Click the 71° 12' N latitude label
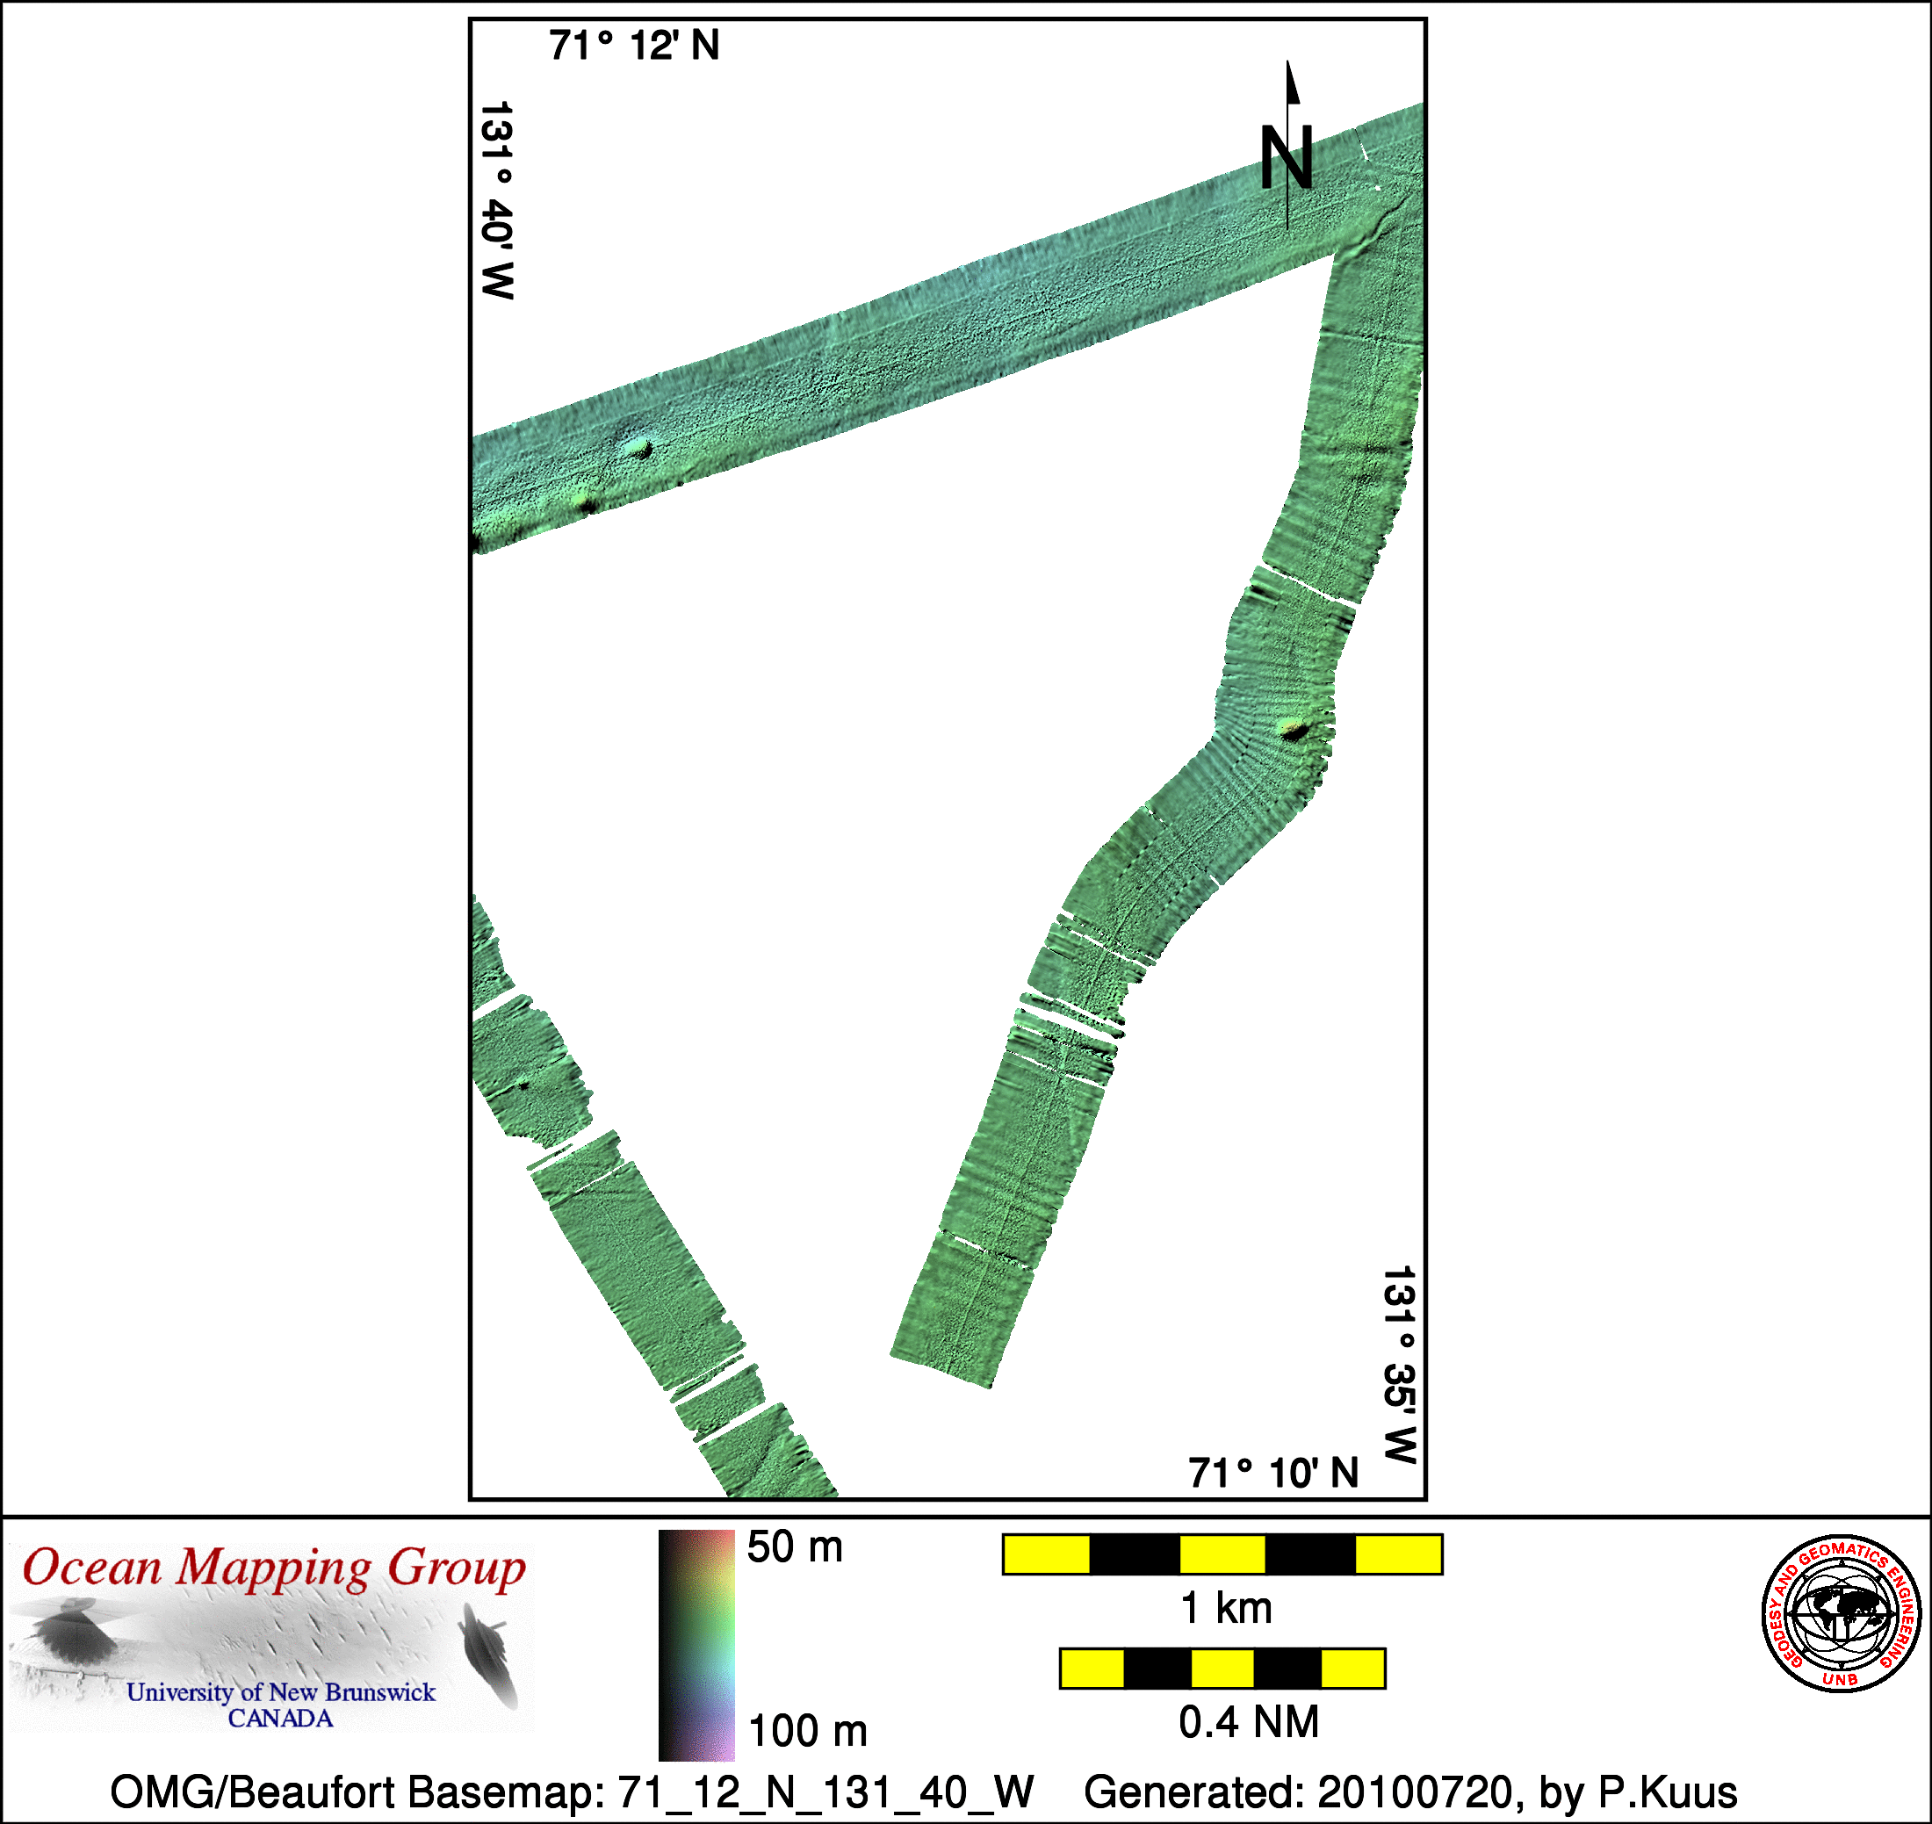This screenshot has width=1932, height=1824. coord(634,46)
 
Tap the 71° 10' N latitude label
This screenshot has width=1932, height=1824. coord(1272,1473)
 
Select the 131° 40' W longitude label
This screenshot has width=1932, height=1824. coord(497,200)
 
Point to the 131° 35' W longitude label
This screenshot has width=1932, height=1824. coord(1399,1365)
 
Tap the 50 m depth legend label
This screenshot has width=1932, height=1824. coord(795,1546)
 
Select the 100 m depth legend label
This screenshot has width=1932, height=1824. coord(807,1731)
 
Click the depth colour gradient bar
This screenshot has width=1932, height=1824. coord(696,1645)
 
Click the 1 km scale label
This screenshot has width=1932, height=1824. coord(1225,1608)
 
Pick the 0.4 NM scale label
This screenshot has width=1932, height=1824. coord(1249,1722)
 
